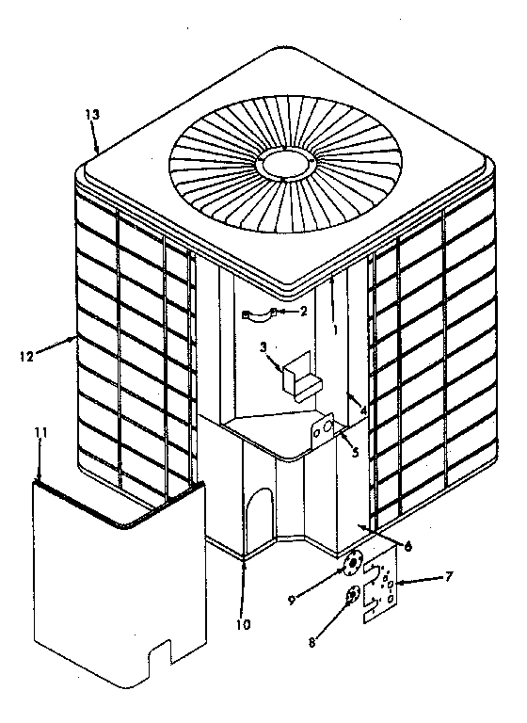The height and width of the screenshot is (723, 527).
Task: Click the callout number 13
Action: click(91, 114)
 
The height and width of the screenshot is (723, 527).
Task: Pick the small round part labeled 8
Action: click(351, 595)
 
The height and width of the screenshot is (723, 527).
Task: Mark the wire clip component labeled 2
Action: click(257, 314)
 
